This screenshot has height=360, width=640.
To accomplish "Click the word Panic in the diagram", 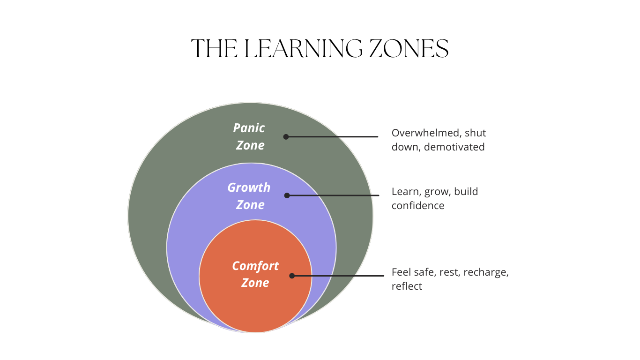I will pyautogui.click(x=249, y=128).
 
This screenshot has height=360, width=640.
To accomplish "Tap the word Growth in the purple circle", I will pyautogui.click(x=249, y=187).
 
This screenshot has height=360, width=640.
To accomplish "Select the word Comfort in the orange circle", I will pyautogui.click(x=255, y=266).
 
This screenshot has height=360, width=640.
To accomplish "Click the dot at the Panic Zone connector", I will pyautogui.click(x=286, y=137).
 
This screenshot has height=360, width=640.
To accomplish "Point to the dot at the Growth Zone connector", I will pyautogui.click(x=287, y=195).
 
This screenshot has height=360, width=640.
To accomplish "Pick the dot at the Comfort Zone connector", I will pyautogui.click(x=292, y=276).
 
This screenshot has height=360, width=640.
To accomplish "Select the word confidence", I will pyautogui.click(x=418, y=206).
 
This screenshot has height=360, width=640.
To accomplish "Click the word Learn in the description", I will pyautogui.click(x=404, y=192).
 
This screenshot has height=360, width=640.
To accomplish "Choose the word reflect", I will pyautogui.click(x=407, y=286).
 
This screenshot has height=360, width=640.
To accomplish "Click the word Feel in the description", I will pyautogui.click(x=401, y=272).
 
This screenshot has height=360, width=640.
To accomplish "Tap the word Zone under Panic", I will pyautogui.click(x=250, y=145).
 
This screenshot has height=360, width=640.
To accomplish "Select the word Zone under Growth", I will pyautogui.click(x=250, y=205).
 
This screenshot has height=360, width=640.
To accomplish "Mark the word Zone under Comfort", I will pyautogui.click(x=255, y=283).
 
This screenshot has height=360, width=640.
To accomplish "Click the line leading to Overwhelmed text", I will pyautogui.click(x=333, y=137).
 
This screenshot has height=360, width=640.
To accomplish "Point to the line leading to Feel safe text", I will pyautogui.click(x=337, y=276).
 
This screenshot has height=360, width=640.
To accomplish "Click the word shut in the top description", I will pyautogui.click(x=475, y=133).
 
